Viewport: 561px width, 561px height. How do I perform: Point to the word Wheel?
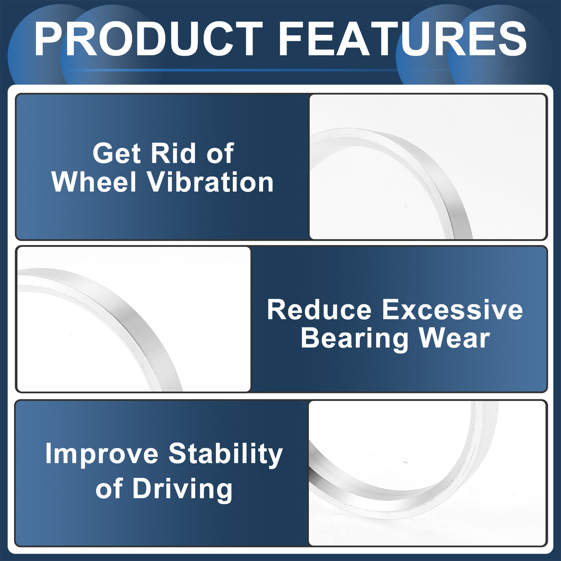94,182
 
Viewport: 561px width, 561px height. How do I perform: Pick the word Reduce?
319,310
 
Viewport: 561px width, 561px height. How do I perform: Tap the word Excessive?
452,310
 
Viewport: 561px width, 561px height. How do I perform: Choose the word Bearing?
354,339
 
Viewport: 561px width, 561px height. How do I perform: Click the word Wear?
455,339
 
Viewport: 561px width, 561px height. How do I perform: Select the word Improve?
102,454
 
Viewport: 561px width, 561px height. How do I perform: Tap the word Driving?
182,489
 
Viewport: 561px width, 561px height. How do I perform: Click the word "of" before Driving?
109,489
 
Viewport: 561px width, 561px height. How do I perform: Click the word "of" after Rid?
220,154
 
